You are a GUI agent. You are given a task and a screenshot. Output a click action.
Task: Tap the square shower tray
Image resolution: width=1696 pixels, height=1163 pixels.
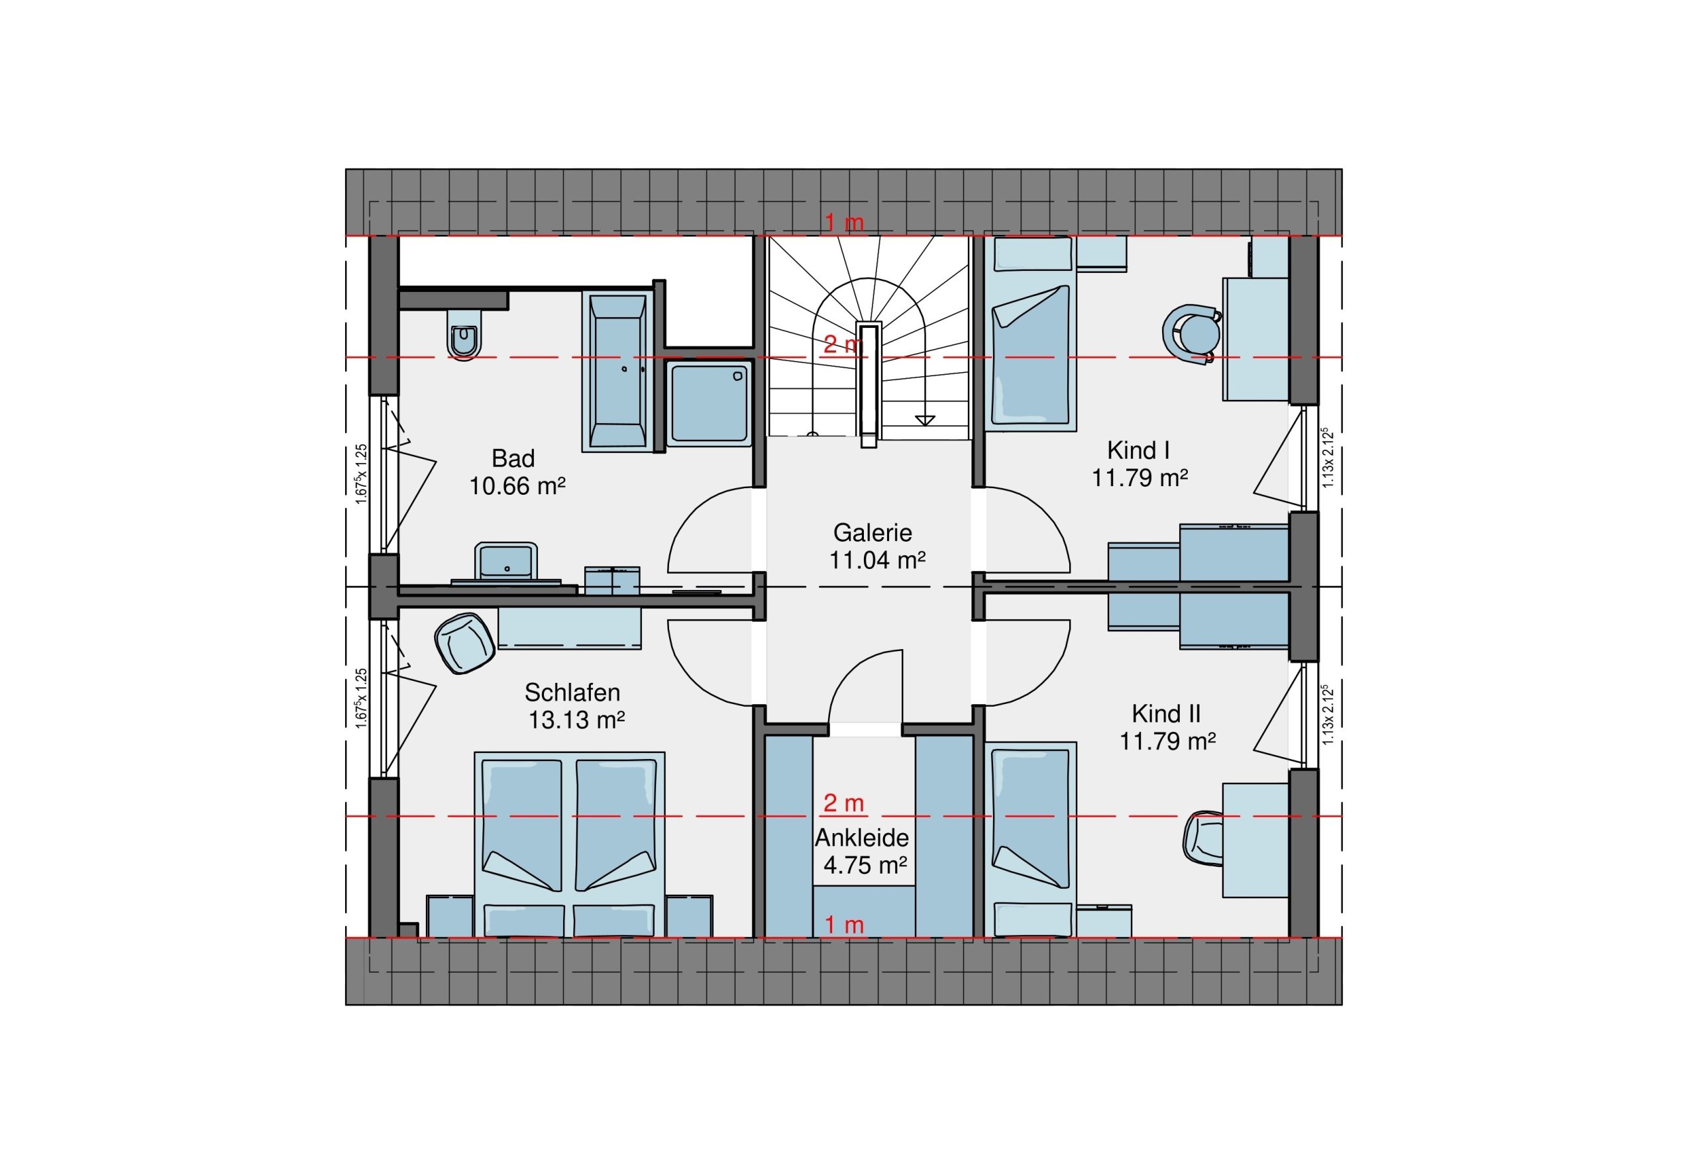[710, 403]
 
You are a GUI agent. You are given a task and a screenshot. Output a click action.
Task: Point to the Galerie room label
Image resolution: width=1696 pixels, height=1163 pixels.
[872, 532]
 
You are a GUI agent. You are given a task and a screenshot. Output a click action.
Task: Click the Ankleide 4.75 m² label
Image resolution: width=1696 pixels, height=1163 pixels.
[863, 851]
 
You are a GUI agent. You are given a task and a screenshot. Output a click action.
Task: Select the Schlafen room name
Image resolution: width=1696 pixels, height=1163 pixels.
[572, 691]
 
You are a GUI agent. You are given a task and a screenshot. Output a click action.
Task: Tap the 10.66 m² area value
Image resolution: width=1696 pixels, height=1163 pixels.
[517, 486]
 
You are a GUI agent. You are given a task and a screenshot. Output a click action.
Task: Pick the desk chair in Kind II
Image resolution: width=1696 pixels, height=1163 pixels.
[1203, 839]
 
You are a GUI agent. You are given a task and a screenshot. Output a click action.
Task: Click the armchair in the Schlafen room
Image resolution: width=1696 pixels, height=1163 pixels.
[464, 643]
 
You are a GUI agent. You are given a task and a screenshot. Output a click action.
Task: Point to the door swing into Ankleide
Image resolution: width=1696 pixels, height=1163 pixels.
[865, 686]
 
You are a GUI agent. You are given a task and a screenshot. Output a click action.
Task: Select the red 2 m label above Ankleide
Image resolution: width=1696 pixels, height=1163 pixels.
[843, 803]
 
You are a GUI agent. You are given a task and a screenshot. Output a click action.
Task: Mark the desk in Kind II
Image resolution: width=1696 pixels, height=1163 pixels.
[1255, 840]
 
